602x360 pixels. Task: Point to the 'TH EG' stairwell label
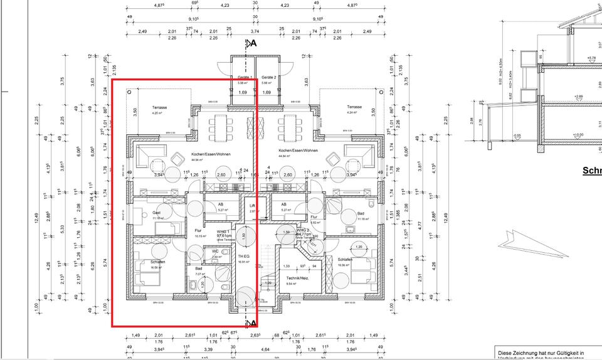click(244, 257)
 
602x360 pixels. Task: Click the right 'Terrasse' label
click(356, 107)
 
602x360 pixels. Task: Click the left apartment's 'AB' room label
click(221, 204)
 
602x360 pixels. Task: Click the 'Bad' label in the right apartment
click(361, 213)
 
